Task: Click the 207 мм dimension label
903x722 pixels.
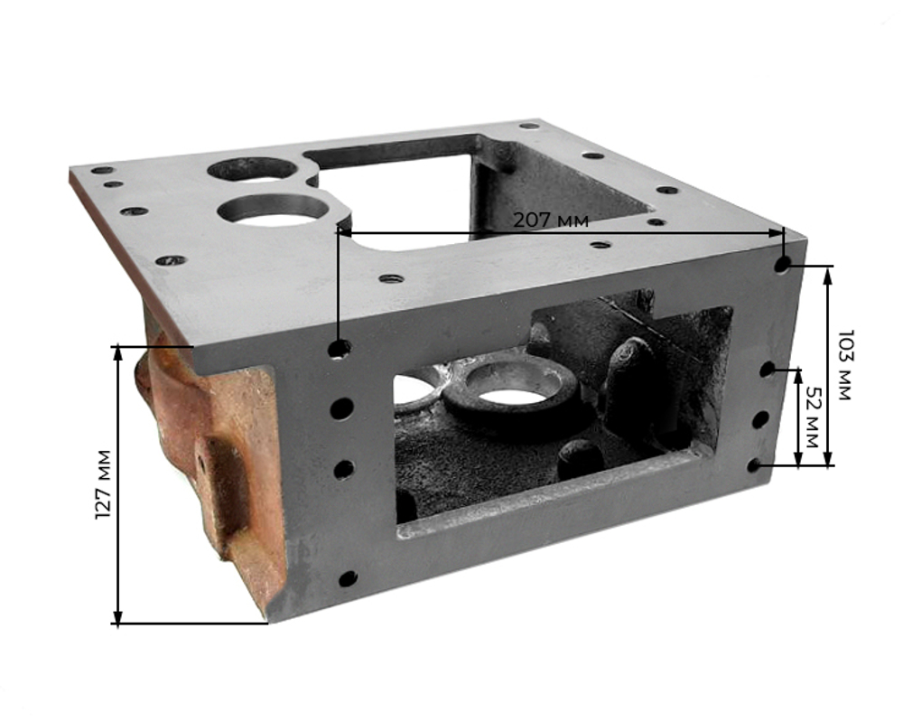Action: (551, 220)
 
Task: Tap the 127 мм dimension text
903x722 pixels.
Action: (103, 484)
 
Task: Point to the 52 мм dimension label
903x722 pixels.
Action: (812, 417)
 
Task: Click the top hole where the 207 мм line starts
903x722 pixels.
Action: (340, 348)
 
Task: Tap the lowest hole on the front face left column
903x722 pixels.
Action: (348, 578)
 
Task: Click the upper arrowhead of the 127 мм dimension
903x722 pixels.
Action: (117, 352)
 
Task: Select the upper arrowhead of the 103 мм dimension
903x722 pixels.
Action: (827, 275)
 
